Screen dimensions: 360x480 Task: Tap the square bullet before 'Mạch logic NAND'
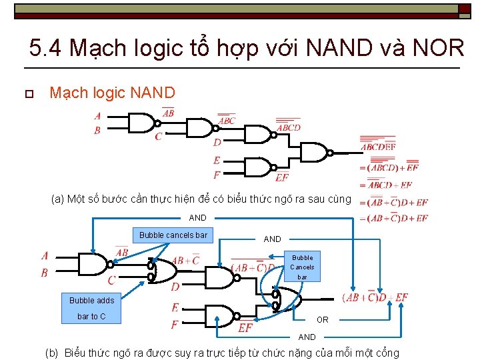(x=28, y=93)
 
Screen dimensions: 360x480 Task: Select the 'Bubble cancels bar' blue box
(x=173, y=235)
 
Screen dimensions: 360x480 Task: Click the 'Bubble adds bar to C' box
(x=91, y=308)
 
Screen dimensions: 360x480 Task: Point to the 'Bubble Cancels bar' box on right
(x=302, y=267)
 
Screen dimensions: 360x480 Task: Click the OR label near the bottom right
(x=323, y=320)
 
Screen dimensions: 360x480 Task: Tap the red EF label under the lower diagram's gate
(x=245, y=328)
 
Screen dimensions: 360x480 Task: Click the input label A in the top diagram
(x=97, y=116)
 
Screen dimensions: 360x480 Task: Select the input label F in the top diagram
(x=217, y=175)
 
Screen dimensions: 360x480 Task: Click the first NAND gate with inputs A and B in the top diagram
(x=141, y=123)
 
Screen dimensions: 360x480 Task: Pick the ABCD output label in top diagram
(x=289, y=127)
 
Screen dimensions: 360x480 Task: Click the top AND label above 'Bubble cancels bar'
(x=198, y=218)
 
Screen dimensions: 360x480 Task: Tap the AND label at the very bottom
(x=307, y=337)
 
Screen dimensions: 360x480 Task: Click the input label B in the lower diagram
(x=45, y=273)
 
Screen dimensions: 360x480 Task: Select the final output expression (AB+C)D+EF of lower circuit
(x=375, y=297)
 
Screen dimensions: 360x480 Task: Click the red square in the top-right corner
(x=464, y=8)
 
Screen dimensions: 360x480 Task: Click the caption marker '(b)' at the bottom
(x=51, y=353)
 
